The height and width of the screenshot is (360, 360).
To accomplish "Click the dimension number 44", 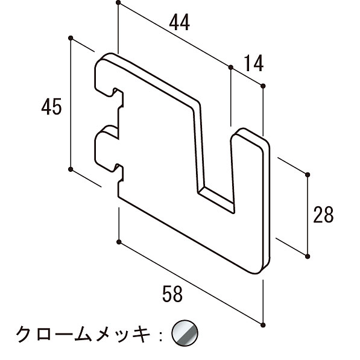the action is point(179,22).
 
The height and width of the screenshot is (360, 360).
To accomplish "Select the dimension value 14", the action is point(253,63).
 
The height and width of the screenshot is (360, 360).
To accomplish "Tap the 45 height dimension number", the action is point(52,107).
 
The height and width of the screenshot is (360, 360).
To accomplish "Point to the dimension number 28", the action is point(323,215).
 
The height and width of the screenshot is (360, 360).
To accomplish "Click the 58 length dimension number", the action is point(172,294).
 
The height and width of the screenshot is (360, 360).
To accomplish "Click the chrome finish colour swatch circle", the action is point(185,332).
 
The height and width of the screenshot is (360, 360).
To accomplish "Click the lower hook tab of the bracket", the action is point(108,149).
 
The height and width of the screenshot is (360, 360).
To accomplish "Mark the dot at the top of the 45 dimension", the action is point(71,38).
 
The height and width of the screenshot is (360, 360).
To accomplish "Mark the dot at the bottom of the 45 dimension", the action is point(71,169).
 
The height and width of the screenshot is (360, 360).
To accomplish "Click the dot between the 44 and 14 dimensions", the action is point(231,68).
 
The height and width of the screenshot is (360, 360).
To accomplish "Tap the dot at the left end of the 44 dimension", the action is point(118,3).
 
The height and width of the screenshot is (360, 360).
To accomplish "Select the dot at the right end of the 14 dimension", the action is point(263,86).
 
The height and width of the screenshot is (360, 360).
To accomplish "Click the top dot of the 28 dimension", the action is point(308,175).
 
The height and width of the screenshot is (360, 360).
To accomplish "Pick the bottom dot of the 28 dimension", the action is point(308,256).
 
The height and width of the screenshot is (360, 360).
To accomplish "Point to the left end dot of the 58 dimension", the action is point(119,242).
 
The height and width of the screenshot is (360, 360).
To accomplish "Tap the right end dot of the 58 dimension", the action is point(263,325).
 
